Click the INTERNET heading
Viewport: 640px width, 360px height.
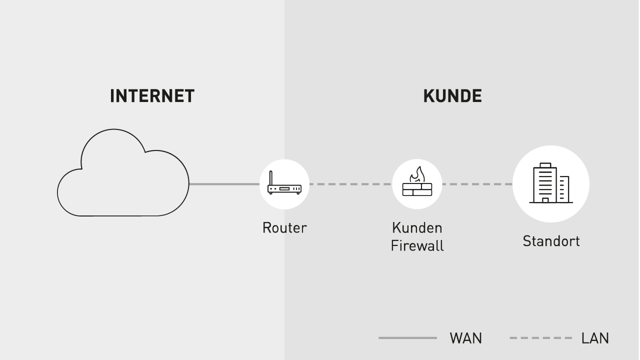pyautogui.click(x=152, y=96)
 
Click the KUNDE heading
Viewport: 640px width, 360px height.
pyautogui.click(x=452, y=96)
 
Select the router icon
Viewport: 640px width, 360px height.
pyautogui.click(x=284, y=184)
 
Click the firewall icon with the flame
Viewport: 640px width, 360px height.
pyautogui.click(x=417, y=184)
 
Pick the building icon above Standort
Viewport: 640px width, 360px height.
pyautogui.click(x=551, y=184)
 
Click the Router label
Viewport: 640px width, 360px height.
pyautogui.click(x=284, y=228)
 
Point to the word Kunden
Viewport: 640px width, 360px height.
pyautogui.click(x=417, y=228)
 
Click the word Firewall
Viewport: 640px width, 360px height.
pyautogui.click(x=417, y=246)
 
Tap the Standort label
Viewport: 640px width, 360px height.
pyautogui.click(x=551, y=241)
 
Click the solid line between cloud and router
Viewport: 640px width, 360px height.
pyautogui.click(x=224, y=184)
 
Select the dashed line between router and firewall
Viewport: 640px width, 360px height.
pyautogui.click(x=350, y=184)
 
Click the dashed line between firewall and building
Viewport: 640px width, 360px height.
pyautogui.click(x=477, y=184)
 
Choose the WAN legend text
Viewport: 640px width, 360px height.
pyautogui.click(x=466, y=338)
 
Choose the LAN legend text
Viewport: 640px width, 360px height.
pyautogui.click(x=595, y=338)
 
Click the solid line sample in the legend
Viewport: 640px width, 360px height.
pyautogui.click(x=407, y=338)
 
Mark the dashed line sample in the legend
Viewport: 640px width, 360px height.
pyautogui.click(x=540, y=338)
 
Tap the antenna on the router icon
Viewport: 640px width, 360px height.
pyautogui.click(x=270, y=178)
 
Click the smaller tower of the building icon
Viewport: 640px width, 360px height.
pyautogui.click(x=564, y=189)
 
